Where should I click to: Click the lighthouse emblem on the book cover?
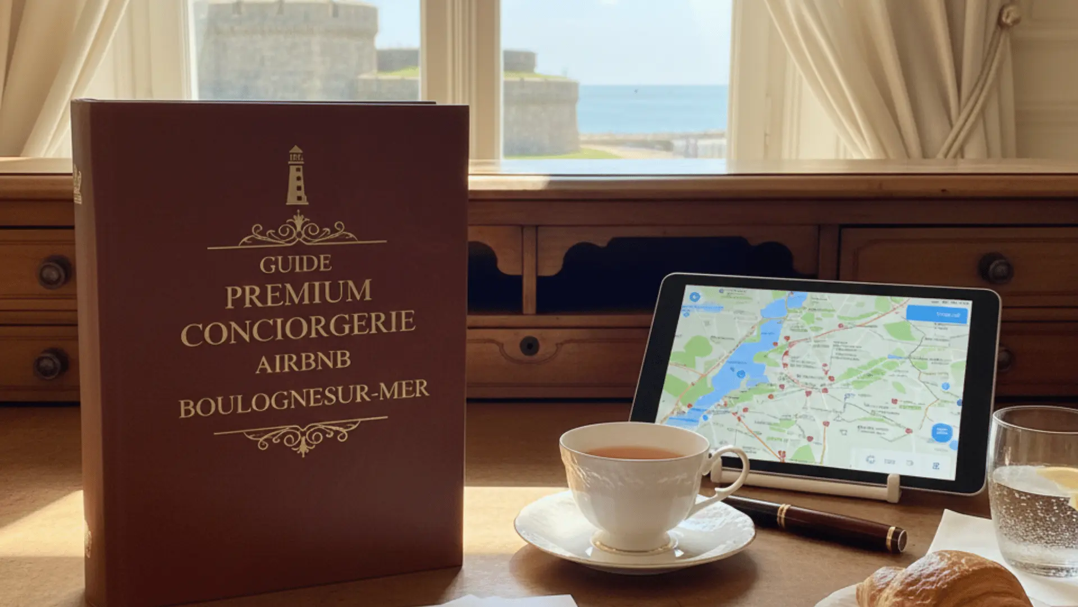pos(296,176)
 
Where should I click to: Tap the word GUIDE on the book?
pos(295,264)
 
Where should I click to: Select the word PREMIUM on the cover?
pos(298,294)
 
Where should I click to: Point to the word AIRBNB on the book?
pos(303,363)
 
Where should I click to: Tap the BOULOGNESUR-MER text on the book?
pos(304,398)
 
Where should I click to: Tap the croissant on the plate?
pos(943,582)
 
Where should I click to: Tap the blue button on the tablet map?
pos(937,314)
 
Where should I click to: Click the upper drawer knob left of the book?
pos(54,273)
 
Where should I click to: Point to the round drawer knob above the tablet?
pos(995,268)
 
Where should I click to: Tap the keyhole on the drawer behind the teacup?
pos(529,346)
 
